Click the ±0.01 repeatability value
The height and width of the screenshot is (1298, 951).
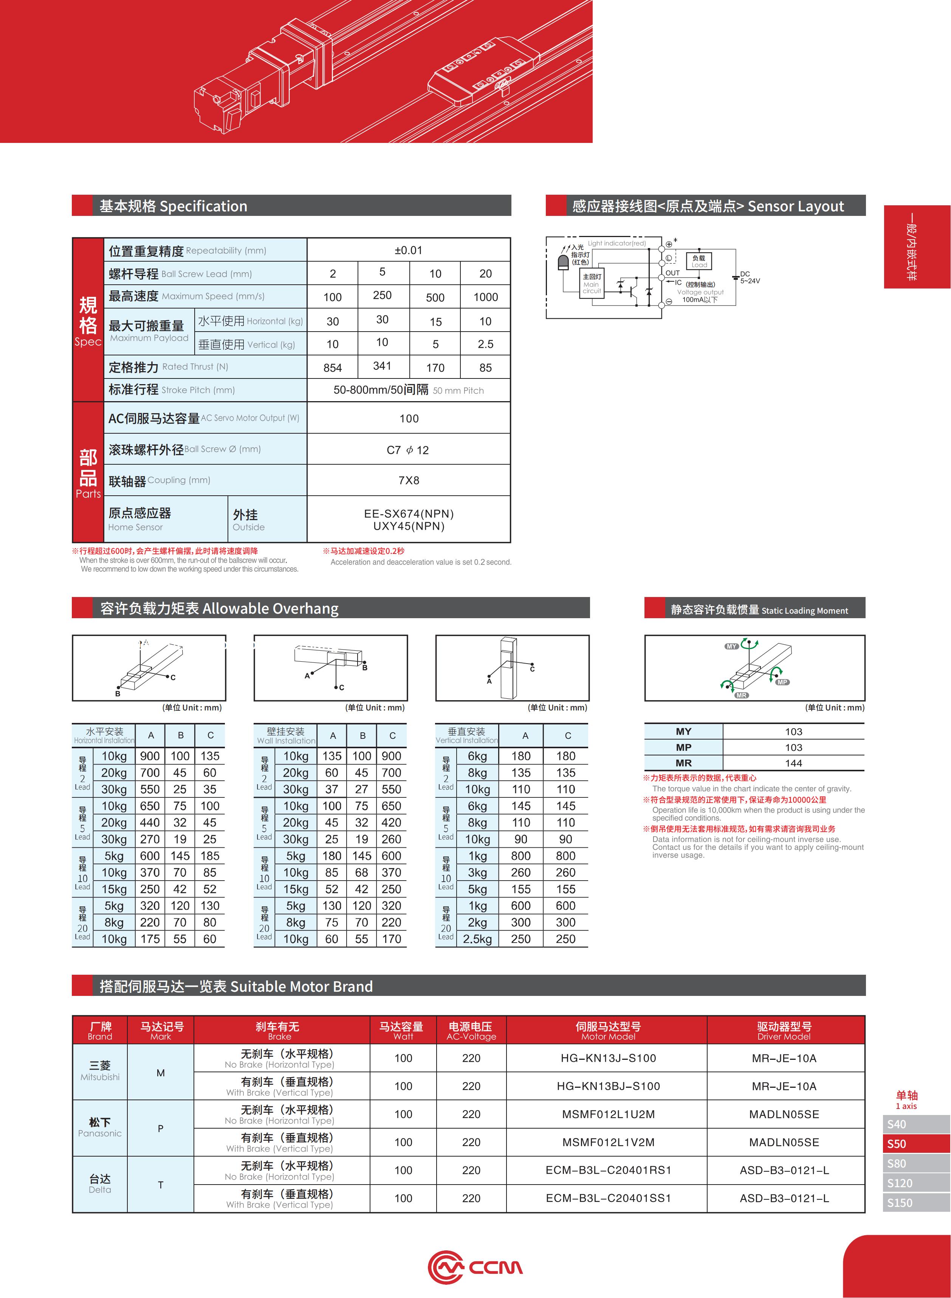(408, 251)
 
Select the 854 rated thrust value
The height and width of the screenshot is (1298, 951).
(333, 368)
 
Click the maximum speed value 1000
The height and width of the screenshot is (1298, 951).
(485, 297)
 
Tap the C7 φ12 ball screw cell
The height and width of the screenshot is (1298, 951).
(408, 450)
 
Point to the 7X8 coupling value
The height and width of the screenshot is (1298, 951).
(409, 480)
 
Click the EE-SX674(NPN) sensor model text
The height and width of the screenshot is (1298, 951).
(409, 514)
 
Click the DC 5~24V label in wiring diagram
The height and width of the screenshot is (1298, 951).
(750, 278)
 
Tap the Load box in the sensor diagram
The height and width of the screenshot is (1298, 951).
(699, 261)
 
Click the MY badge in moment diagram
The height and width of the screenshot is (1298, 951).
(731, 646)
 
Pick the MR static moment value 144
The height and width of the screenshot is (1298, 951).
(793, 763)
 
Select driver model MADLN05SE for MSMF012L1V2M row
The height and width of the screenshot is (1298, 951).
(784, 1142)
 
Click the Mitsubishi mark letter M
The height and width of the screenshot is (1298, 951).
(161, 1072)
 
